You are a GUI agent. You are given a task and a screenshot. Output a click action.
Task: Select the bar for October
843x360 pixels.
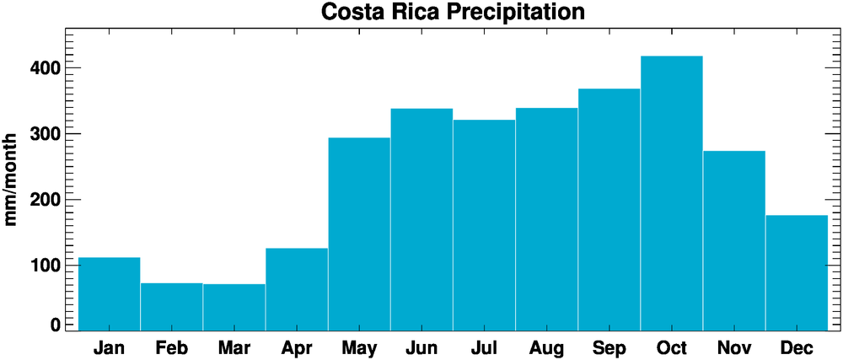(671, 193)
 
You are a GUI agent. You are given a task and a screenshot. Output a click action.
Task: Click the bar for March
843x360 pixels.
(234, 307)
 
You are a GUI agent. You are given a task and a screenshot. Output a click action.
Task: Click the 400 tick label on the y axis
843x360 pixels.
(41, 67)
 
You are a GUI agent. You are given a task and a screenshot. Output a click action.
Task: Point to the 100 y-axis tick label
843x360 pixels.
(41, 265)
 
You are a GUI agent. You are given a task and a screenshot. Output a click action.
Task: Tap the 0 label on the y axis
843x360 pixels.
(56, 325)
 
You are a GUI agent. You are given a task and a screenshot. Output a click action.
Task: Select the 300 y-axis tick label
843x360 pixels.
(41, 133)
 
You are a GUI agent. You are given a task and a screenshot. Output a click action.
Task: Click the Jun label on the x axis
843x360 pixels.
(421, 348)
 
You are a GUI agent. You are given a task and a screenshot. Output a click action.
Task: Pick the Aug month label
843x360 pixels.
(546, 348)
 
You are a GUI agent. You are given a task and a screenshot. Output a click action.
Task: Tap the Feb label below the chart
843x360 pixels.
(172, 347)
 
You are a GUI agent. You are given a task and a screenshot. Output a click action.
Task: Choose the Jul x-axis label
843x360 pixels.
(484, 347)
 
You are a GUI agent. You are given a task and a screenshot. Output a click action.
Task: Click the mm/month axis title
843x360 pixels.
(12, 178)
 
